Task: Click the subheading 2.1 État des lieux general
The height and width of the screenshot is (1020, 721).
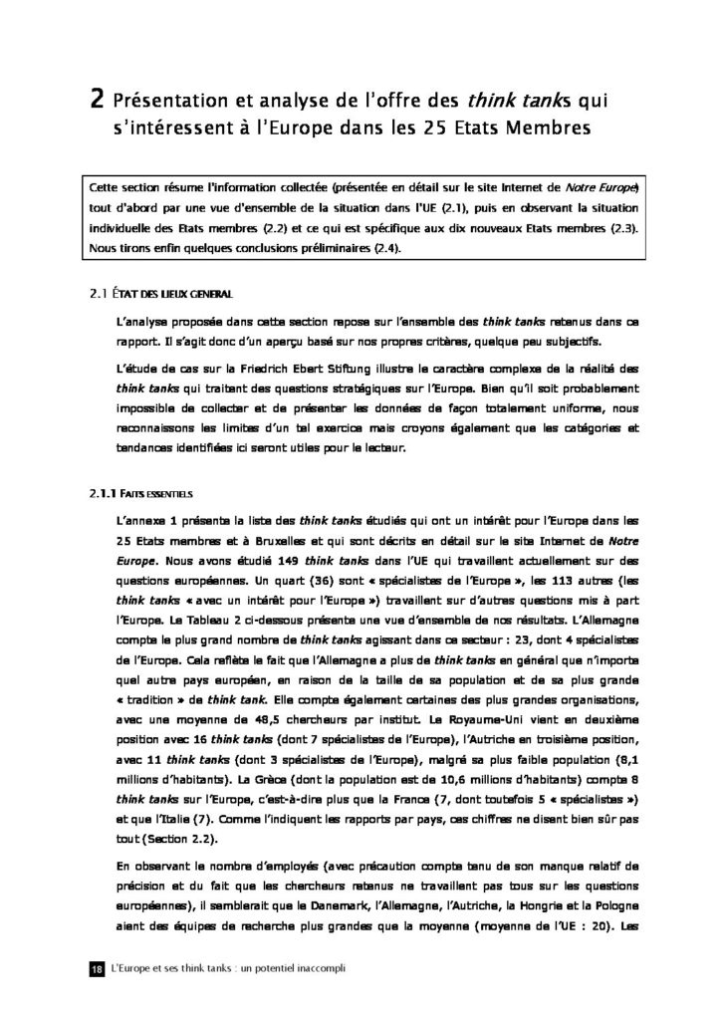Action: click(160, 295)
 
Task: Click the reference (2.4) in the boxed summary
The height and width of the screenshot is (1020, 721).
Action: click(376, 248)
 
